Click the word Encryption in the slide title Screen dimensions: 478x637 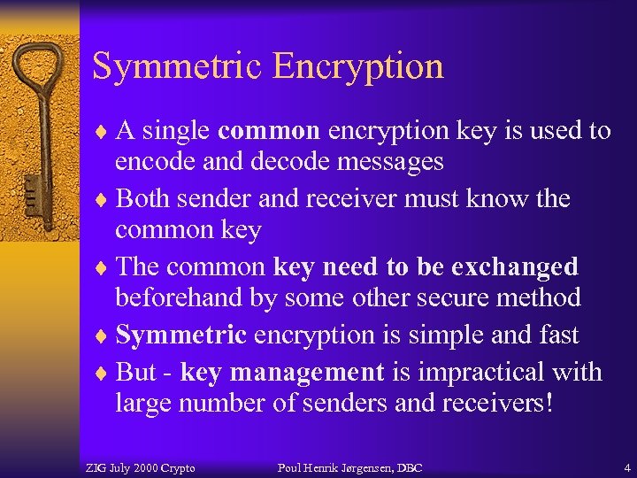(x=358, y=66)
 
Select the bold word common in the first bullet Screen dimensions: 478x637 (x=268, y=131)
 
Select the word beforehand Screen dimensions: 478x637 (x=180, y=297)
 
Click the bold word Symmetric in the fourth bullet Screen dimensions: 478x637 (x=181, y=335)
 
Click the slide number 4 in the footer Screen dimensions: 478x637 (x=626, y=467)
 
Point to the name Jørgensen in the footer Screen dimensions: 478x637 (x=358, y=467)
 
